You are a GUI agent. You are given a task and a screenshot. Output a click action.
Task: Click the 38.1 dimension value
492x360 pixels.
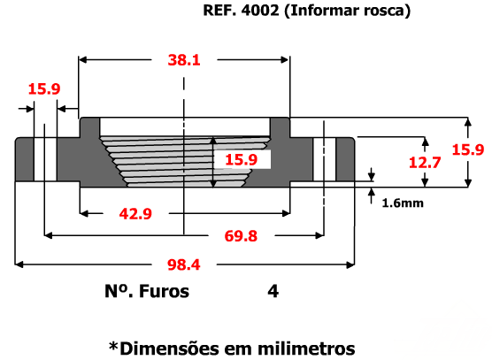click(184, 60)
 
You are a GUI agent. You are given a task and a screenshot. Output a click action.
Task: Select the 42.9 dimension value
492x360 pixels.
click(135, 214)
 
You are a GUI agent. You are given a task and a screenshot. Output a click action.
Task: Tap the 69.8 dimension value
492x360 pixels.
click(241, 236)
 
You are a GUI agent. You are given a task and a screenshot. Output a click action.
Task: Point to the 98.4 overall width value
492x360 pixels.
click(183, 264)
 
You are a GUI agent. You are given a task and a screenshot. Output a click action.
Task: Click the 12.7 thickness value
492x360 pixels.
click(425, 163)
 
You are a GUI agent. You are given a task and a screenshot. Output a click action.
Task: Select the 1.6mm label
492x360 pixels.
click(403, 203)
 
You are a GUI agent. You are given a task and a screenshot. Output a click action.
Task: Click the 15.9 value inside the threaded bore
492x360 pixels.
click(241, 159)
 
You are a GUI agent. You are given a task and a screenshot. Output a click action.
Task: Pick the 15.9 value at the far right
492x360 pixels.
click(468, 149)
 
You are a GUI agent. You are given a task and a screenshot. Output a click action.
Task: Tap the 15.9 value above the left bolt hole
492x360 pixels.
click(44, 89)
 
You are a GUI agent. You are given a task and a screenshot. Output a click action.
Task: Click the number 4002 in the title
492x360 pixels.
click(260, 11)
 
